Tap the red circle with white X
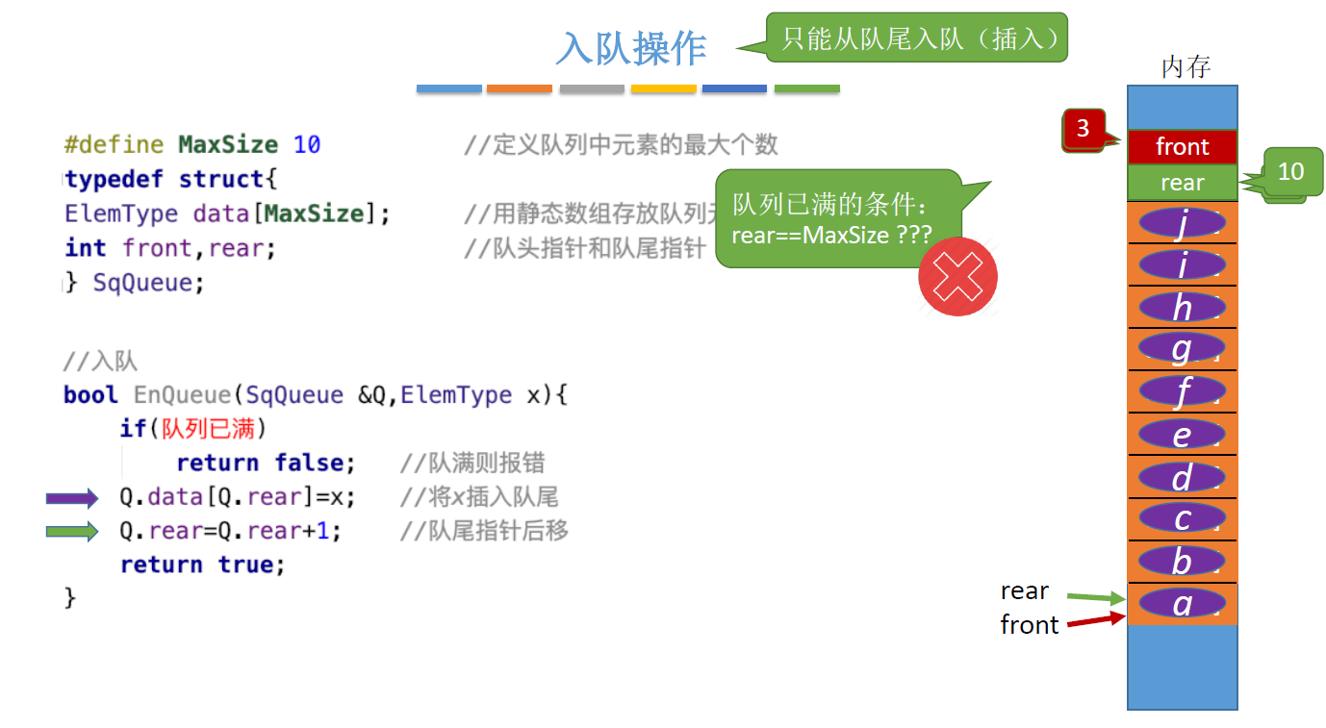click(957, 277)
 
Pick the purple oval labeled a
click(1182, 603)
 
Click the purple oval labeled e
click(1182, 435)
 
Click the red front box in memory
click(1182, 146)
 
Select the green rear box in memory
click(1182, 183)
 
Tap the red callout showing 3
click(1084, 128)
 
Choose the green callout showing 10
click(1290, 171)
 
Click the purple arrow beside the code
click(72, 498)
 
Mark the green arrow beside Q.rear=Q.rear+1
click(72, 531)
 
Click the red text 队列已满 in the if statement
click(208, 429)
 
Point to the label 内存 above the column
click(1185, 67)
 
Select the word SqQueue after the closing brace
click(148, 283)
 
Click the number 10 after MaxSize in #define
click(307, 145)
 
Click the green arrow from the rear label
click(1095, 598)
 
